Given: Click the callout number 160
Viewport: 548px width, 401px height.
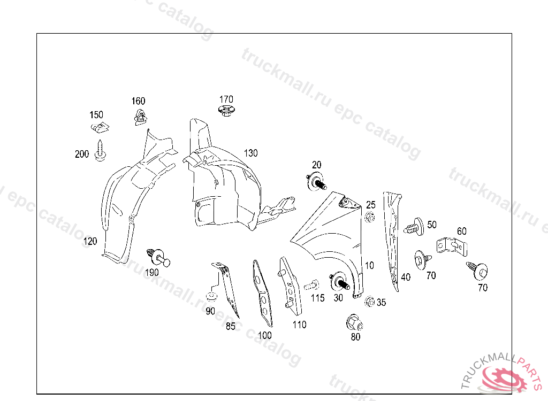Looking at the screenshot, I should pyautogui.click(x=138, y=101).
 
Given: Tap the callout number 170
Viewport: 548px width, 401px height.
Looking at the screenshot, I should pyautogui.click(x=226, y=99).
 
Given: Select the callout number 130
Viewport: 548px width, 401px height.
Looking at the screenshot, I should pyautogui.click(x=250, y=153).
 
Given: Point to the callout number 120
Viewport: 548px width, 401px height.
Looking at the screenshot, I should pyautogui.click(x=90, y=242).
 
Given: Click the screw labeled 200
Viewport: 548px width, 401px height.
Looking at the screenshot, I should pyautogui.click(x=100, y=150).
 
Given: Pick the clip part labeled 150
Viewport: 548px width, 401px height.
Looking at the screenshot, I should pyautogui.click(x=100, y=128).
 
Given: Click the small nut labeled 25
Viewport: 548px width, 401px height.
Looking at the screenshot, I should pyautogui.click(x=369, y=217).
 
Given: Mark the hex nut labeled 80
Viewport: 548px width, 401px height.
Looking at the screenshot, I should pyautogui.click(x=354, y=323).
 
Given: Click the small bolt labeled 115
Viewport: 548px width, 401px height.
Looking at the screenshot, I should pyautogui.click(x=312, y=287).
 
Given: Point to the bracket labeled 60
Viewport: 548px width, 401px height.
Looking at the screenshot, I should pyautogui.click(x=453, y=246).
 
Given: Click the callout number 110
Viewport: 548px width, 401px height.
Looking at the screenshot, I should pyautogui.click(x=299, y=325).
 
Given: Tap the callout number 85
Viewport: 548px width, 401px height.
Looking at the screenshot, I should pyautogui.click(x=230, y=326).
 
